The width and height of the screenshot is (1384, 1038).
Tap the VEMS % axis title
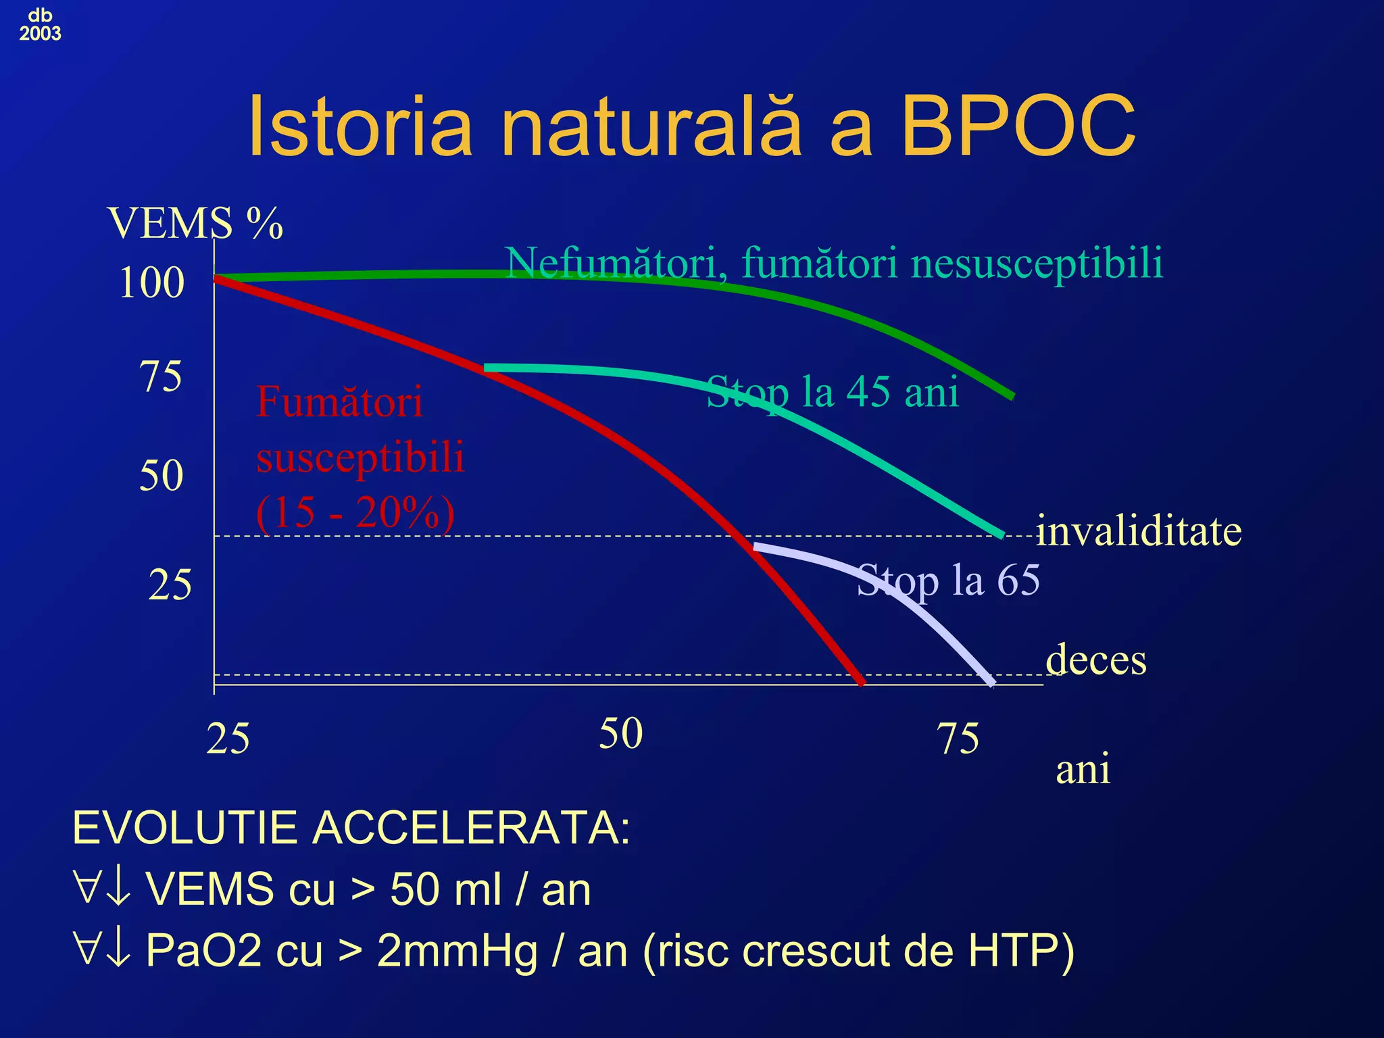pos(195,223)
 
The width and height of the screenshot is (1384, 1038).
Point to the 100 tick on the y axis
pos(151,282)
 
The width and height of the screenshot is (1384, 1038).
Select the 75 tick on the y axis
pos(161,376)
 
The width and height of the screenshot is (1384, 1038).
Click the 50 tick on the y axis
pos(161,475)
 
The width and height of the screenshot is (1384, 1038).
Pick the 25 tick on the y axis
pos(170,585)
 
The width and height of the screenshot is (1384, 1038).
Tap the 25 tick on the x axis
pos(228,739)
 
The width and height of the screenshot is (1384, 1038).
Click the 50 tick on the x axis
pos(620,734)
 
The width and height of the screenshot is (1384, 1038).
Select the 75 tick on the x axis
pos(958,739)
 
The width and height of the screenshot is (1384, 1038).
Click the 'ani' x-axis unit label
pos(1083,769)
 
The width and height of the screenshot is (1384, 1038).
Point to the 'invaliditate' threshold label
pos(1139,530)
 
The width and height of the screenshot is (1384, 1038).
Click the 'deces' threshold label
pos(1096,660)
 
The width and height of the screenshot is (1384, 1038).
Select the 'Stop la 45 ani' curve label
pos(833,392)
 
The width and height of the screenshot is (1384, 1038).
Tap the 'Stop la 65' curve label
pos(948,580)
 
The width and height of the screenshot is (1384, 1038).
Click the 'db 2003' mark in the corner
pos(40,25)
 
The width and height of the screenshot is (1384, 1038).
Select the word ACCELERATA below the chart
pos(470,828)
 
